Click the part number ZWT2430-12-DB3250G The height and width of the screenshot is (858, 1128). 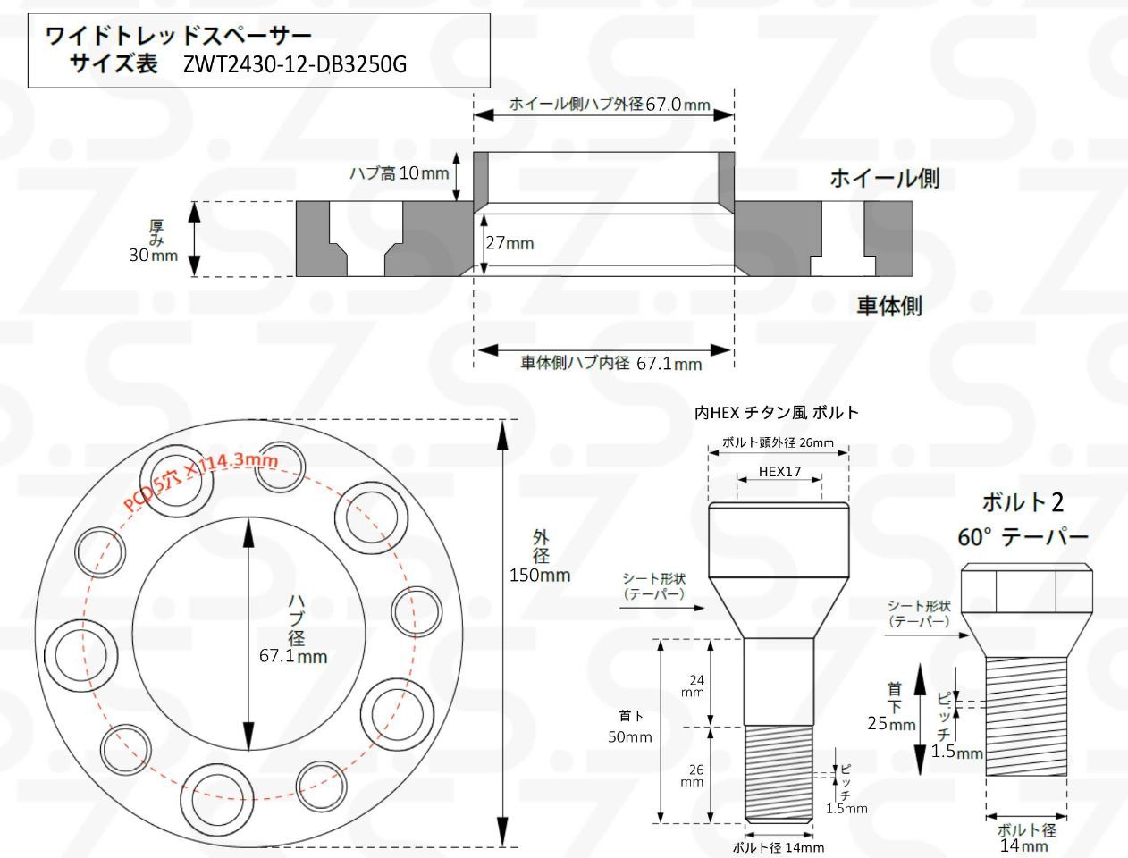(x=295, y=64)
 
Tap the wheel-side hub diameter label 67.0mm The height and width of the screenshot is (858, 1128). (x=678, y=105)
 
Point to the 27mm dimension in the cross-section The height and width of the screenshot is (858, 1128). (x=509, y=242)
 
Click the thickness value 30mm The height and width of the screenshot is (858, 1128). (x=153, y=255)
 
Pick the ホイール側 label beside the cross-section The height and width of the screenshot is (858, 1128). (x=884, y=178)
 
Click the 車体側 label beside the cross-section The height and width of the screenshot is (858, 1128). (x=889, y=306)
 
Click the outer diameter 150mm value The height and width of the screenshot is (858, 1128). (x=540, y=575)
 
